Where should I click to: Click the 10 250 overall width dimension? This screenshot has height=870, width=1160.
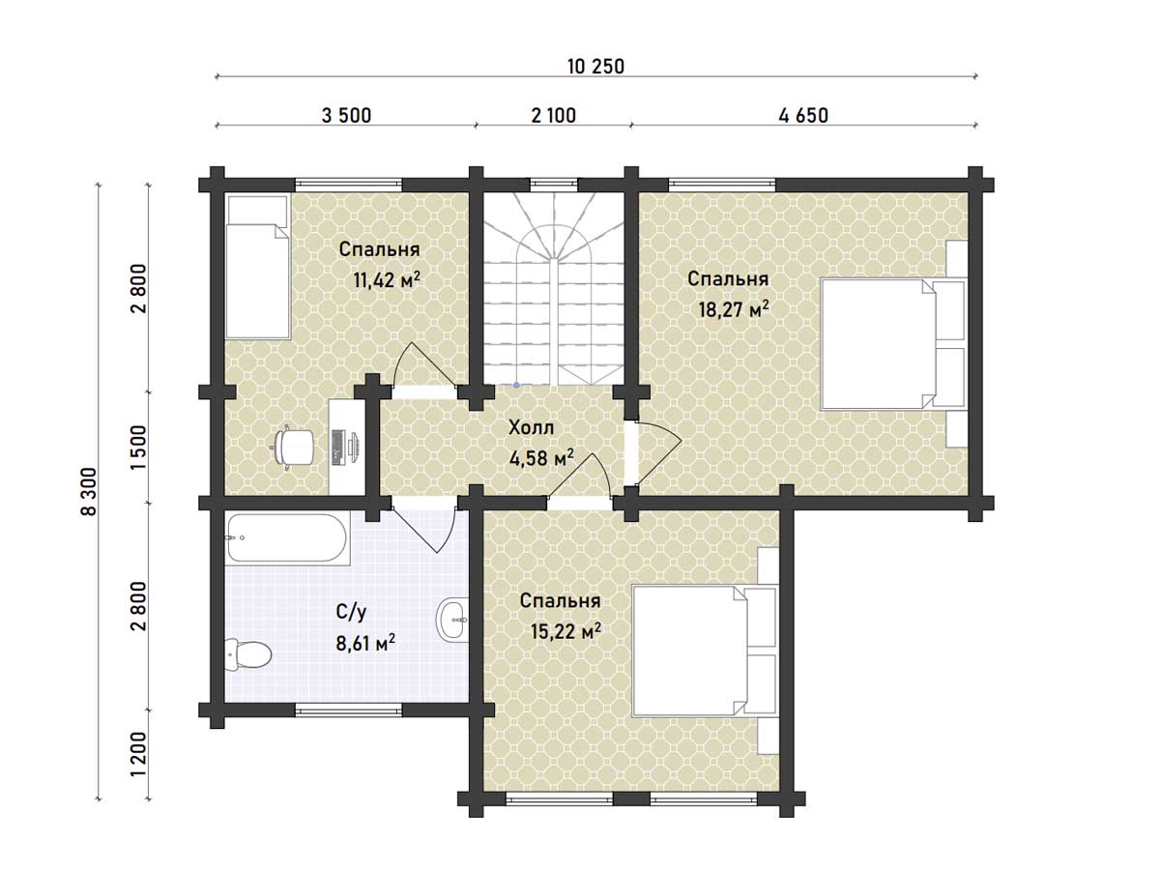[x=595, y=67]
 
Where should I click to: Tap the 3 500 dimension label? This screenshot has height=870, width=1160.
[x=347, y=116]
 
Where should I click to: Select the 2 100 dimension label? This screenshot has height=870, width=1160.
[x=553, y=116]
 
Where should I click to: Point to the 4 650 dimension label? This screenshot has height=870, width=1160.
[x=803, y=116]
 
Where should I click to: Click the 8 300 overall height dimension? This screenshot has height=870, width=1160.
[x=89, y=491]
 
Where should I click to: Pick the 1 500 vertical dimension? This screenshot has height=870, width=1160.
[x=139, y=447]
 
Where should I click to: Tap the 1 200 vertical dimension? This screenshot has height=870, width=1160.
[x=139, y=754]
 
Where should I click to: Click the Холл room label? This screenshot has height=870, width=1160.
[x=531, y=428]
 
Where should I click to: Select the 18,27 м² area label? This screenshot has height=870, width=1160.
[x=734, y=309]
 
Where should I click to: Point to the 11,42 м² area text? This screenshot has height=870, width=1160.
[x=387, y=279]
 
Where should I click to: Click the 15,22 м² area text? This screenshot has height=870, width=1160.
[x=565, y=630]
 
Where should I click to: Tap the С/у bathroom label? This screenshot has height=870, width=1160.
[x=351, y=612]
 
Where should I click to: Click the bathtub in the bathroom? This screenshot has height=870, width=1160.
[x=287, y=537]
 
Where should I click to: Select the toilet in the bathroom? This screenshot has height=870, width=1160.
[x=247, y=654]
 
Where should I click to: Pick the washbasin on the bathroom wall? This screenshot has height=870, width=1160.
[x=452, y=620]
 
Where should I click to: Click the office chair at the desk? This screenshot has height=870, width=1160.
[x=293, y=447]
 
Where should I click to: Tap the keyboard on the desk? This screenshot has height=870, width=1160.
[x=337, y=448]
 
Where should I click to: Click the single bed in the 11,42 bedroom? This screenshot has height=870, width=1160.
[x=257, y=268]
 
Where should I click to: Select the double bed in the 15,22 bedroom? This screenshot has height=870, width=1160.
[x=705, y=651]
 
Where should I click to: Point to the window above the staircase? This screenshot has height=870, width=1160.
[x=554, y=184]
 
